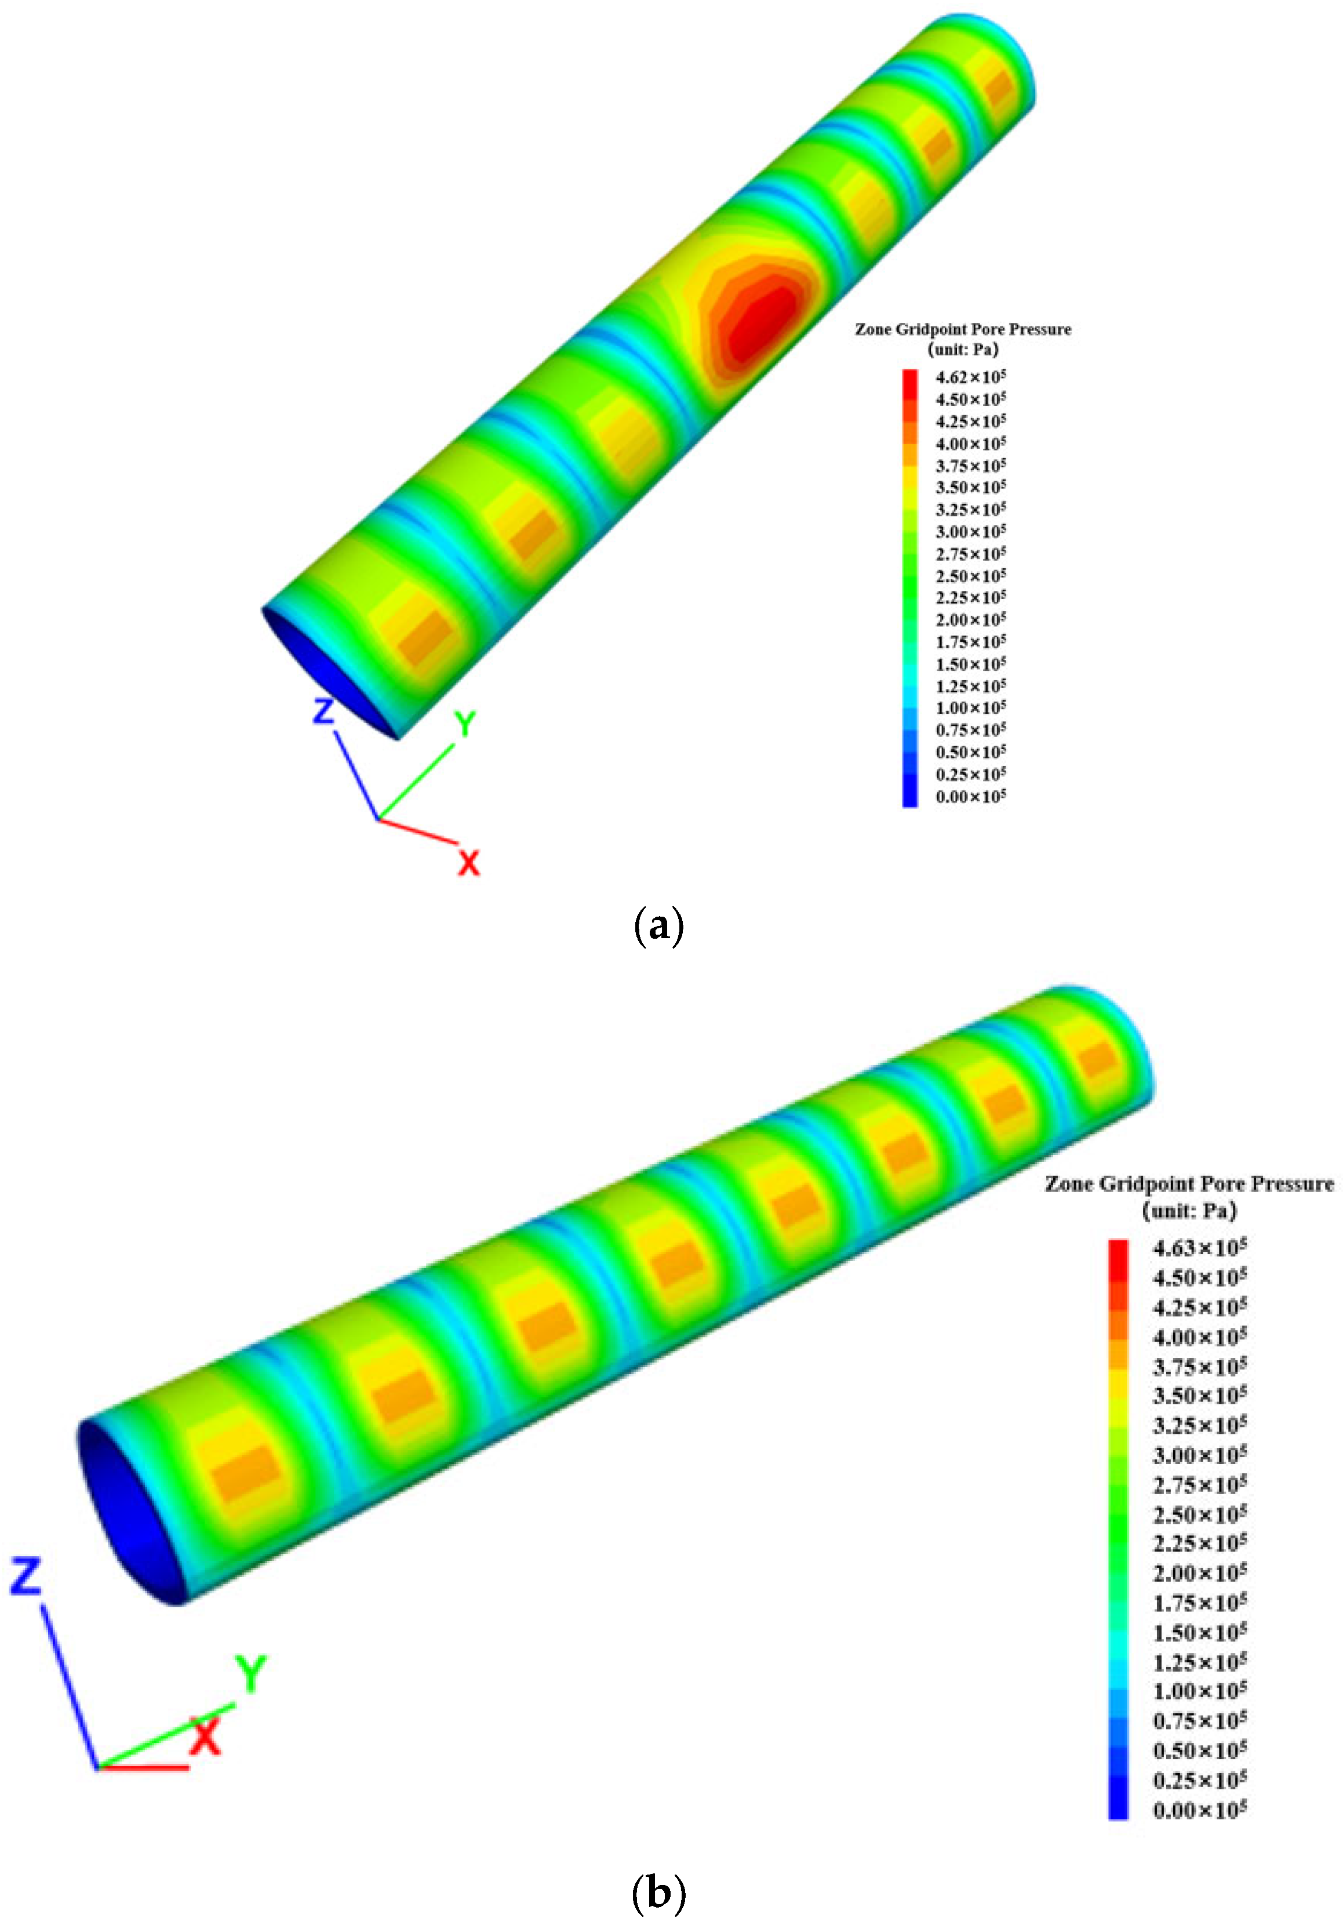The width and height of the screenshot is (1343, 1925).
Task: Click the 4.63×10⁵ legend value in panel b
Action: click(x=1199, y=1248)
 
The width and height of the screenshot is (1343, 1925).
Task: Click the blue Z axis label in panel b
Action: click(x=25, y=1577)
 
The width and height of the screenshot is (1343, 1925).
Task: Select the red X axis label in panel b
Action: click(x=205, y=1735)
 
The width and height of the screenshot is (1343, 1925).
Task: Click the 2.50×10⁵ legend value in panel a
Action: click(x=970, y=576)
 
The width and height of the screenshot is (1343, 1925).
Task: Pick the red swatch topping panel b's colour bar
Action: click(x=1118, y=1254)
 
